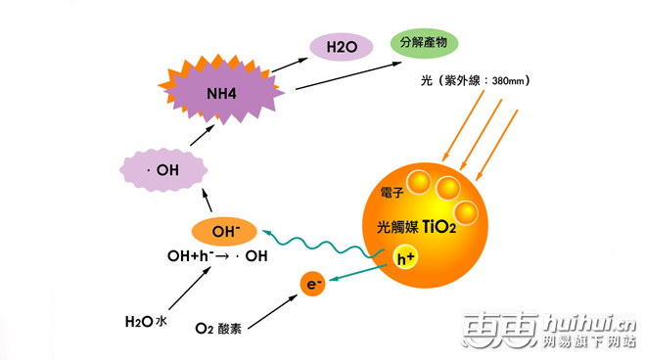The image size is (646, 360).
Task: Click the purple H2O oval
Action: (341, 46)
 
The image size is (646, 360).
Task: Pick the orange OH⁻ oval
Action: (225, 232)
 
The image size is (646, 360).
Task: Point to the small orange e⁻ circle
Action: (313, 285)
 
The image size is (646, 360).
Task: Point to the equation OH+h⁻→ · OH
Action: (216, 257)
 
